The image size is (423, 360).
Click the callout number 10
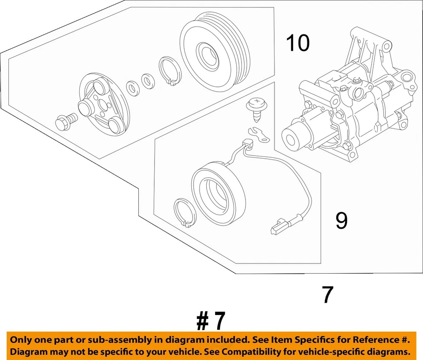pos(298,44)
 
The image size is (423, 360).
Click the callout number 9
pos(341,221)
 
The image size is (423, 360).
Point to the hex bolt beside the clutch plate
pos(65,120)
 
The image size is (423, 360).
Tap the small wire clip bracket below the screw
pos(259,134)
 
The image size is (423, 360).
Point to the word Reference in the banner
pos(372,340)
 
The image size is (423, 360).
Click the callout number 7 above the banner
pos(327,294)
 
